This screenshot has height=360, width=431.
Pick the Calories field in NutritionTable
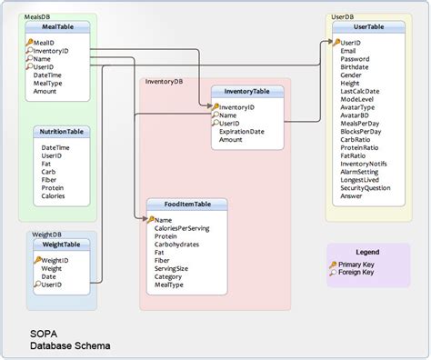coord(54,195)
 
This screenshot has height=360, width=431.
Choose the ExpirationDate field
coord(242,131)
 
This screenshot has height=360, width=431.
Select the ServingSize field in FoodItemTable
coord(172,268)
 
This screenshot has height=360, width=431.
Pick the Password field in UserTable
coord(356,58)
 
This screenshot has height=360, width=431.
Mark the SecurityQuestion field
coord(366,187)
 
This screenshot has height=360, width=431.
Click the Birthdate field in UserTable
coord(356,66)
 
